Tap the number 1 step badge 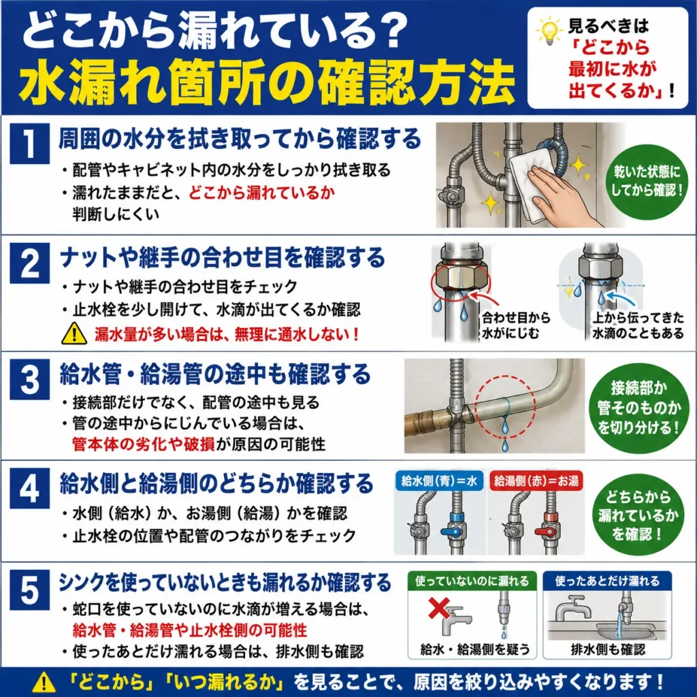tap(29, 143)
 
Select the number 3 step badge tap(29, 379)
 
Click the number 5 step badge tap(29, 590)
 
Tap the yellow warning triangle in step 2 tap(74, 334)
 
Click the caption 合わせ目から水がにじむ tap(516, 325)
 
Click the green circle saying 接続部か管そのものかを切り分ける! tap(638, 408)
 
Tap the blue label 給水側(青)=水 tap(439, 481)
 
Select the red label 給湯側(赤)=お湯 tap(536, 481)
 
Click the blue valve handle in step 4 tap(453, 531)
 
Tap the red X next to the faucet tap(438, 608)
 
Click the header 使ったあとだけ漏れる tap(607, 581)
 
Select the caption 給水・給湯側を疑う tap(474, 649)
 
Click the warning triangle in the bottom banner tap(44, 682)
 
